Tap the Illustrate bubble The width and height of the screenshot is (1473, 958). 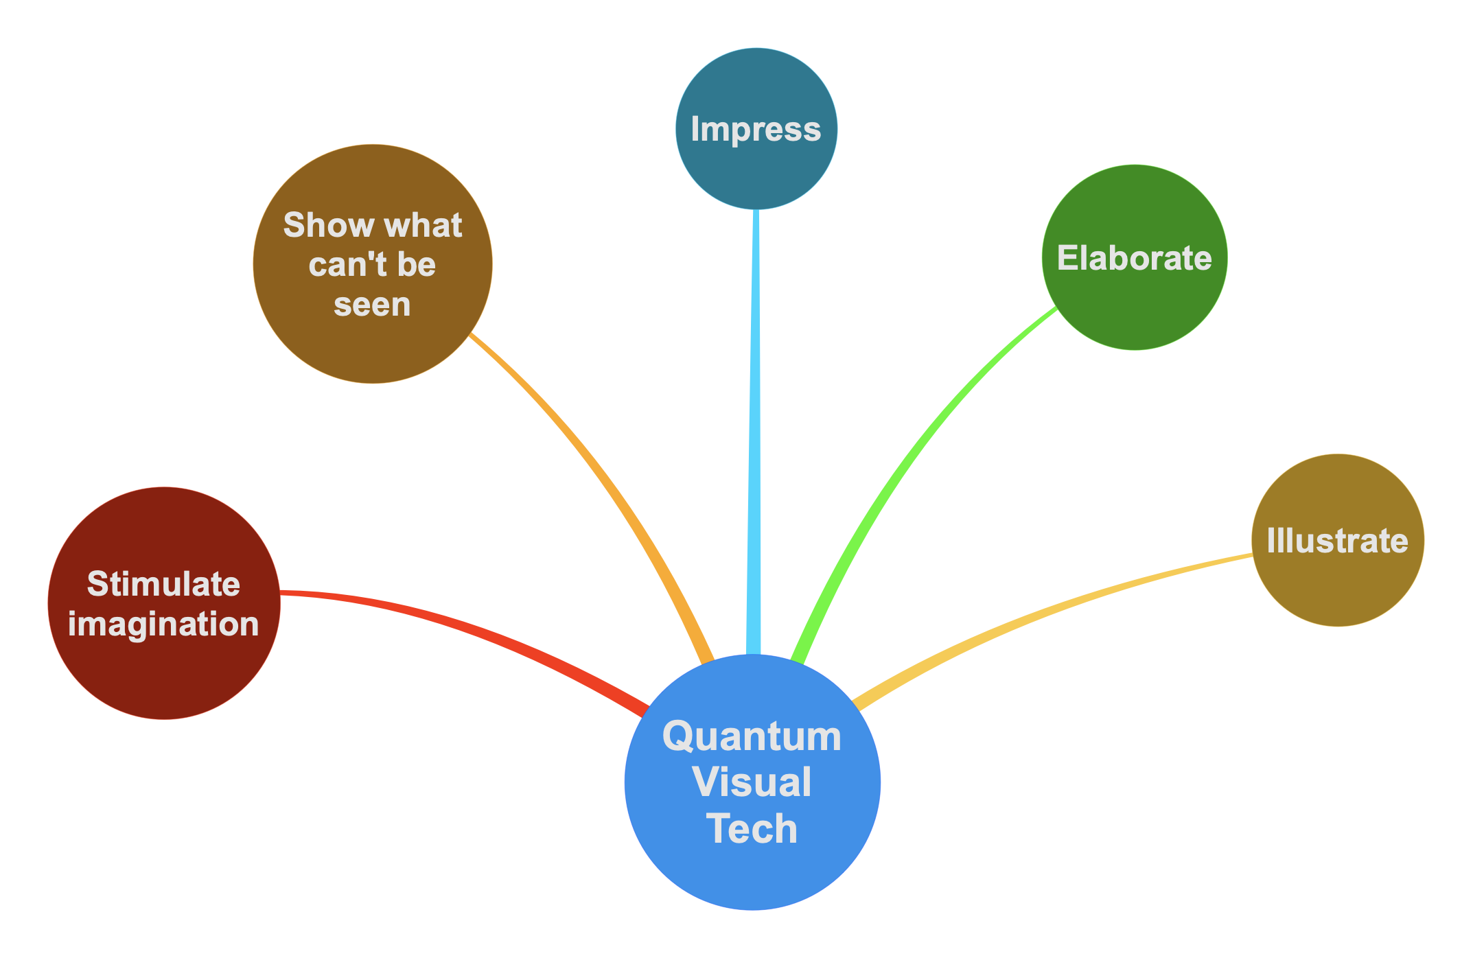(1337, 583)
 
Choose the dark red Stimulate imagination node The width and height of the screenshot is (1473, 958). (163, 673)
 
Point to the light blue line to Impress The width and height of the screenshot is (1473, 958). (754, 425)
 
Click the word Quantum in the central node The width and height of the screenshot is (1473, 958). (752, 736)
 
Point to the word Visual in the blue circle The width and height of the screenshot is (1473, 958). (752, 782)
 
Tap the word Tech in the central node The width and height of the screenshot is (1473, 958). (752, 828)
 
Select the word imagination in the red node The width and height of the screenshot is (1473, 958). (163, 624)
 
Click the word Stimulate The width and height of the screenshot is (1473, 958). (163, 584)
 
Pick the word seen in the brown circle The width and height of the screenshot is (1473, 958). (372, 305)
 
